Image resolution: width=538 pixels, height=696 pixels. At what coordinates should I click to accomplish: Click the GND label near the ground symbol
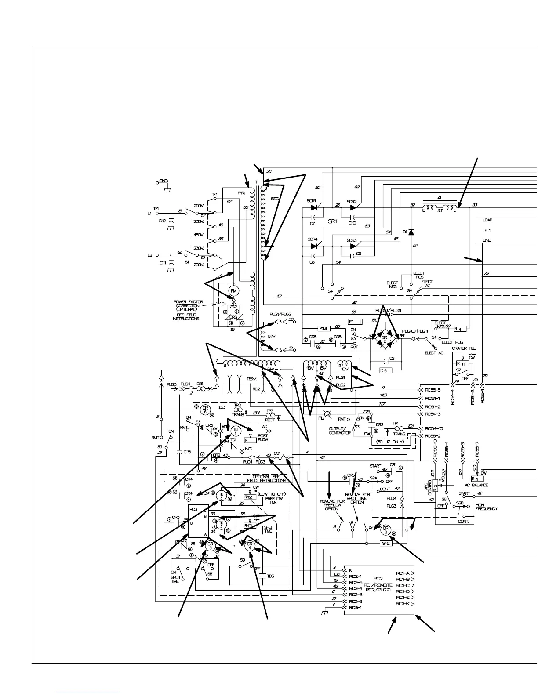(163, 181)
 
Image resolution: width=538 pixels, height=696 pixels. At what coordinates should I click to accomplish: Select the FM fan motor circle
(233, 291)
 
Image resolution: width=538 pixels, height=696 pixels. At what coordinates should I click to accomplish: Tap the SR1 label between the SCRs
(332, 222)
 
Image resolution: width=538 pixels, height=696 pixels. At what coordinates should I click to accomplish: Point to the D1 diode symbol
(411, 232)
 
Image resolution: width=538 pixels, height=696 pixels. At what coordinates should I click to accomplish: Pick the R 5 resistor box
(385, 370)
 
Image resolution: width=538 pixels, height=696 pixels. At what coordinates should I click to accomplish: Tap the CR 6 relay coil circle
(204, 410)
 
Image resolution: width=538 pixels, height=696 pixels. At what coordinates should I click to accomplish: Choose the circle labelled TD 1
(236, 430)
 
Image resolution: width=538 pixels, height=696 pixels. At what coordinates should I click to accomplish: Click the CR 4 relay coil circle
(249, 546)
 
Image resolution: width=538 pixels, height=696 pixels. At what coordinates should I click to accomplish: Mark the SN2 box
(385, 543)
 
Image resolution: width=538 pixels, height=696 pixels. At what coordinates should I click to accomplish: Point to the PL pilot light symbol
(327, 413)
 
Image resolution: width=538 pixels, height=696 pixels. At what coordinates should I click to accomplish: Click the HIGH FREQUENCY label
(486, 507)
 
